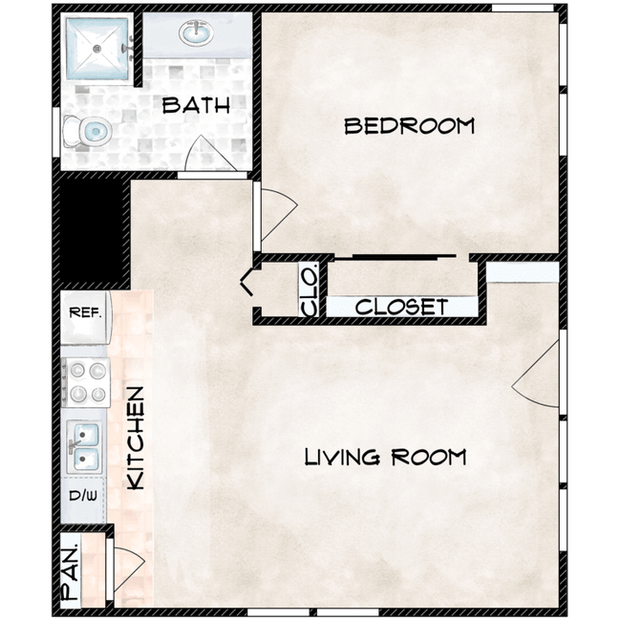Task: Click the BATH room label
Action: click(196, 105)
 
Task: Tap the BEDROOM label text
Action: click(409, 125)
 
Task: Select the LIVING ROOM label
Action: click(385, 457)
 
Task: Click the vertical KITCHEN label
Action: click(136, 438)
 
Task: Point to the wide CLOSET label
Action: click(401, 307)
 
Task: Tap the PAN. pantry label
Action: click(71, 571)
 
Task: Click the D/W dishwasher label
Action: click(84, 497)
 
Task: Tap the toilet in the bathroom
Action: click(88, 131)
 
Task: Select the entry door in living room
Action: click(537, 377)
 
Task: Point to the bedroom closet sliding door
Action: click(401, 256)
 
